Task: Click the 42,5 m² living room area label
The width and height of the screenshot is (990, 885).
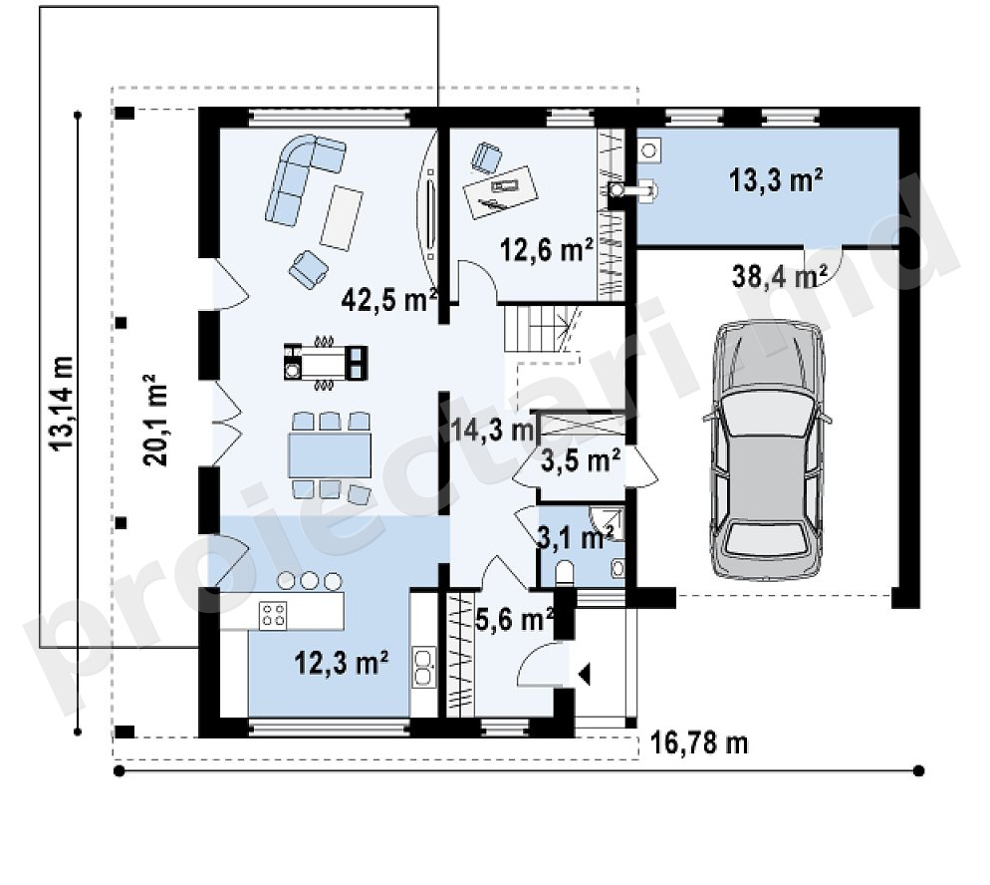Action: (388, 299)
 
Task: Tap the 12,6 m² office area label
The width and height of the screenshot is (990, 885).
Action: (546, 250)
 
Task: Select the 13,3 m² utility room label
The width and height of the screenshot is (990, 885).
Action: (775, 180)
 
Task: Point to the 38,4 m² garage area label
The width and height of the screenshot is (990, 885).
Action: (780, 276)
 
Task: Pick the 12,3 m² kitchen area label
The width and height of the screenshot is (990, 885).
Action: (341, 664)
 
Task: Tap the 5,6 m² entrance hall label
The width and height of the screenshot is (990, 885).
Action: (514, 620)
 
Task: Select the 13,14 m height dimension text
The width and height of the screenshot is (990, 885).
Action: (62, 403)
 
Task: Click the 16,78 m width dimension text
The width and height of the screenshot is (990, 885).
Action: (699, 743)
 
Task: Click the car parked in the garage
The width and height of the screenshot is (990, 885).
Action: (768, 449)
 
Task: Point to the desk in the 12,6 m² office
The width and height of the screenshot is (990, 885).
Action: (501, 191)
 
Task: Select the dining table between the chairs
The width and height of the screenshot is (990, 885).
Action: (330, 454)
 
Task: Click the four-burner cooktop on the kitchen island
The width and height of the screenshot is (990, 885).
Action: (273, 615)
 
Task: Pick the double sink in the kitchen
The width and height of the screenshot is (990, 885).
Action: (423, 667)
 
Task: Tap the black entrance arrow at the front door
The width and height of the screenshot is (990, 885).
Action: (584, 674)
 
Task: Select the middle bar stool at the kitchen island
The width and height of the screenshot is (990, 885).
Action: (310, 580)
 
